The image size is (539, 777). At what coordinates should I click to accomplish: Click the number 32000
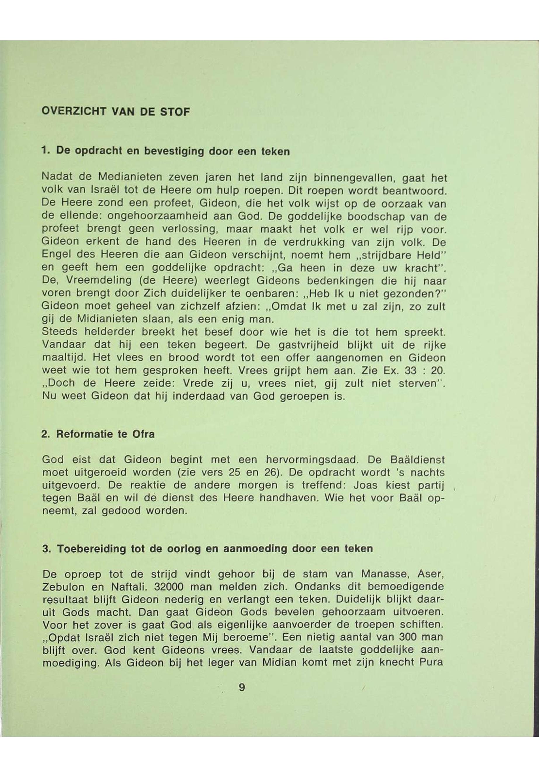(169, 587)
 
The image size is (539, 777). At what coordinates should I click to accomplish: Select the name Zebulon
(63, 587)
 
